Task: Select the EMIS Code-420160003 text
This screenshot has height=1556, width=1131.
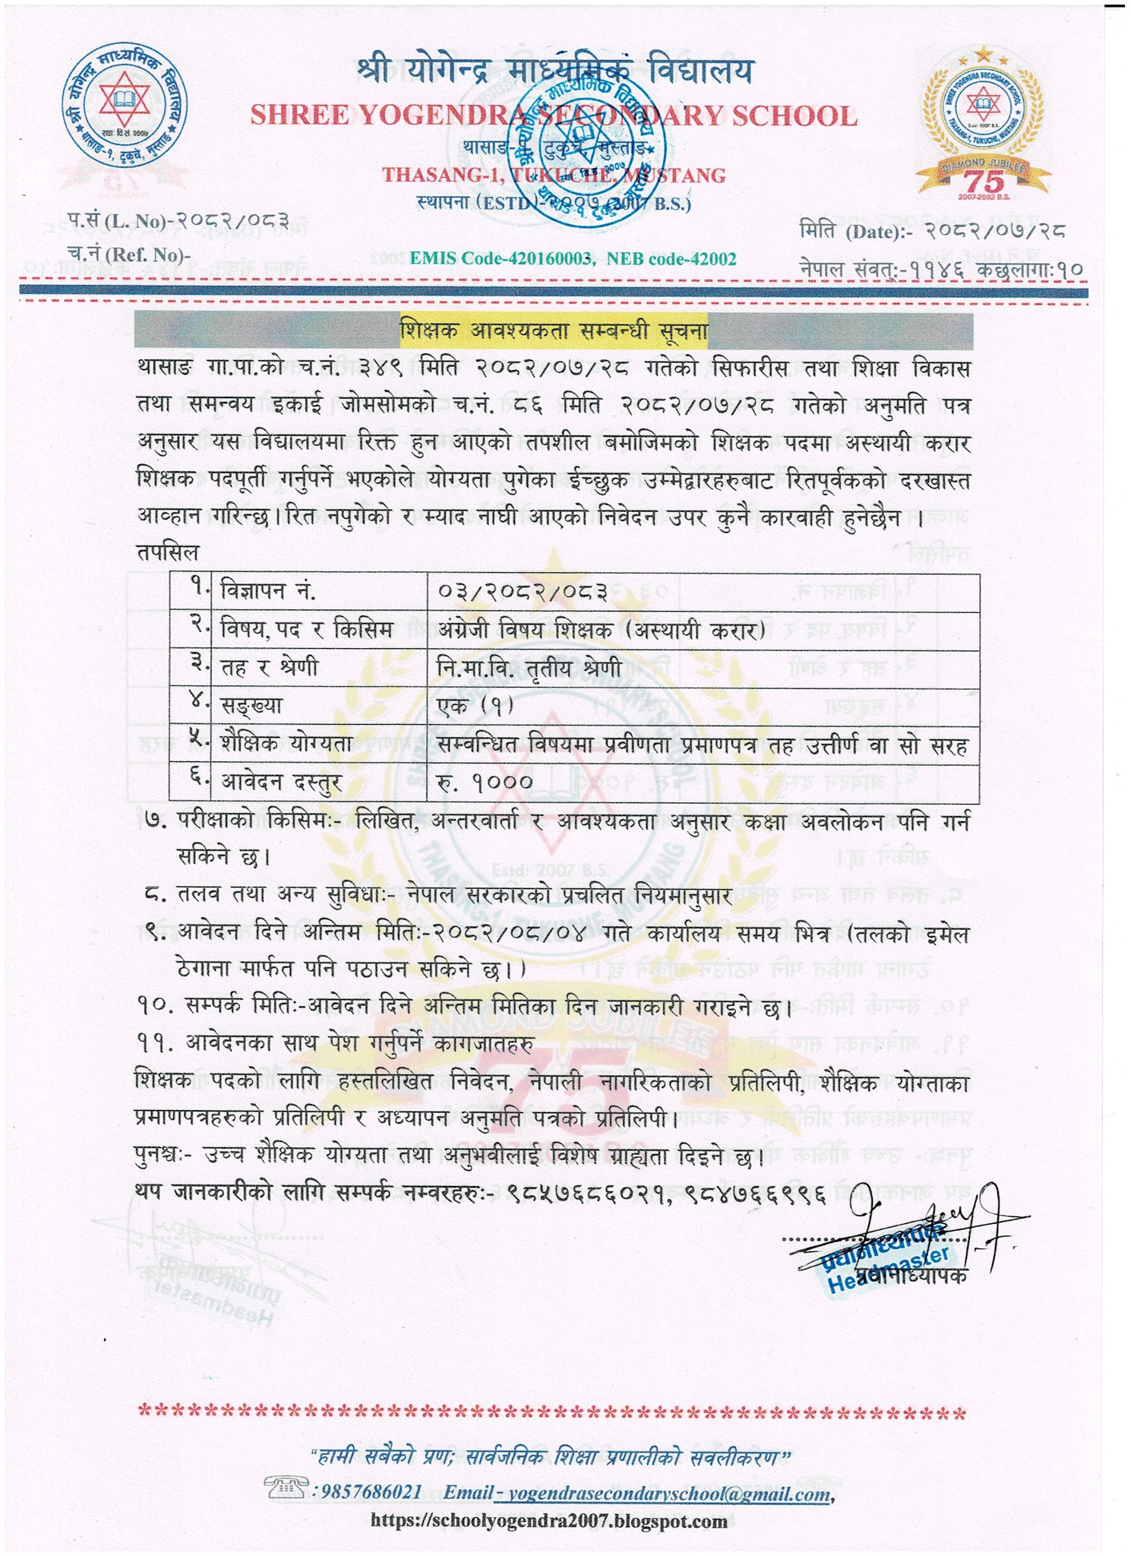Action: point(501,259)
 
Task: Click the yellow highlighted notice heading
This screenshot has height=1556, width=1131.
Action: point(554,330)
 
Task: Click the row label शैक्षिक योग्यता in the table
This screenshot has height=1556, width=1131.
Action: point(287,744)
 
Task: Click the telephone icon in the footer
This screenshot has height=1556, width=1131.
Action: point(286,1484)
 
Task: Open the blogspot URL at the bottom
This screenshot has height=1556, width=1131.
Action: point(548,1521)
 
